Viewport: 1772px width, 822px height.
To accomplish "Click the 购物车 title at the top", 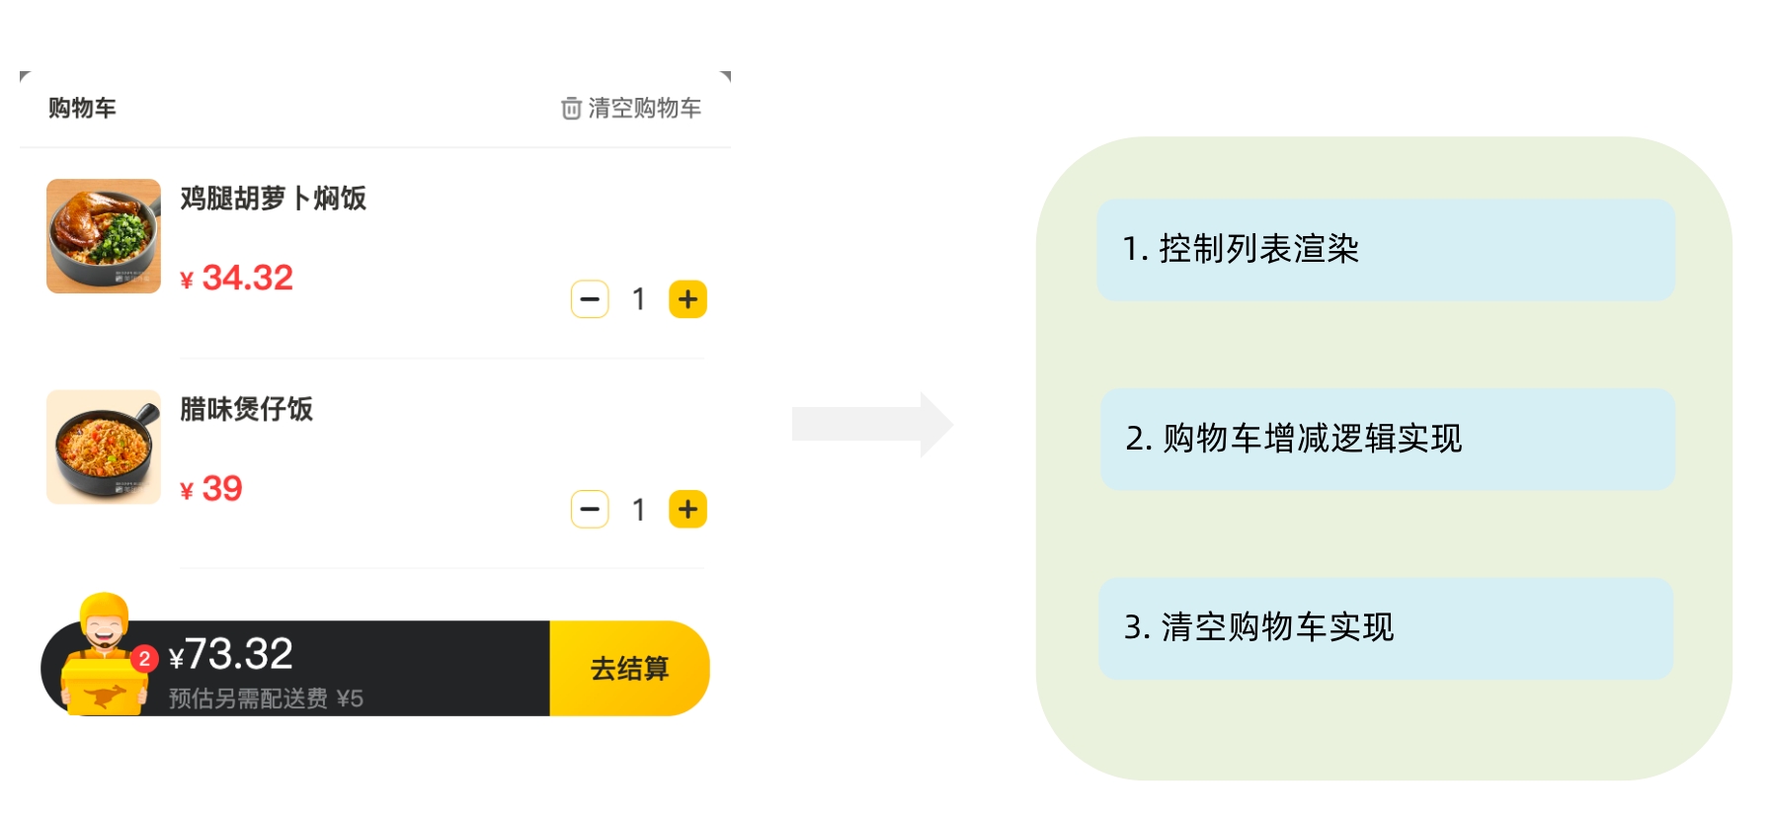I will coord(82,108).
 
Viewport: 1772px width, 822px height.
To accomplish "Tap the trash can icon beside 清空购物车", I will coord(571,108).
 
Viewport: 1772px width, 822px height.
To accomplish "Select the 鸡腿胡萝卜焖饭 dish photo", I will coord(104,236).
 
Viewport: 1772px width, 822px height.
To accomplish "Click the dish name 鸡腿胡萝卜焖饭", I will coord(273,199).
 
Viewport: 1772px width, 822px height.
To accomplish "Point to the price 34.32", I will coord(247,278).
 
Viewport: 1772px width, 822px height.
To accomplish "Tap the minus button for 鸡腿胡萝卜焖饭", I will coord(590,299).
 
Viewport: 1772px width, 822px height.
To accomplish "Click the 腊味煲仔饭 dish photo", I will coord(104,447).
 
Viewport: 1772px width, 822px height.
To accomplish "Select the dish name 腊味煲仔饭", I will coord(246,409).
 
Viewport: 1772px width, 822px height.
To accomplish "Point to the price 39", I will coord(221,488).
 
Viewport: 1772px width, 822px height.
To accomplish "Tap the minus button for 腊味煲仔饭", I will coord(590,510).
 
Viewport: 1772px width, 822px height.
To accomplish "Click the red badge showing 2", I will coord(144,659).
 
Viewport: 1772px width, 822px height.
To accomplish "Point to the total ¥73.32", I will coord(231,654).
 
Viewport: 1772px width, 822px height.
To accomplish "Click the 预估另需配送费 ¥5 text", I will coord(266,699).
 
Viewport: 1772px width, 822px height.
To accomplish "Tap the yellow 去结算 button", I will coord(629,669).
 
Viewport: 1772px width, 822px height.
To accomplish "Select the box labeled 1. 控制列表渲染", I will coord(1385,250).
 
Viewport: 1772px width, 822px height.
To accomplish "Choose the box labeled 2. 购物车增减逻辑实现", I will coord(1387,439).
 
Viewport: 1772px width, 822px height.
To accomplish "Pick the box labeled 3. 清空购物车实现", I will coord(1385,628).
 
